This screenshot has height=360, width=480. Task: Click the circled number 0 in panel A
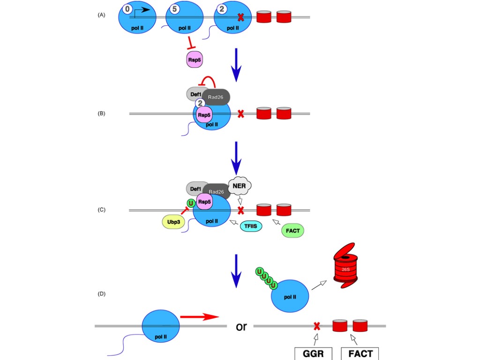coord(127,9)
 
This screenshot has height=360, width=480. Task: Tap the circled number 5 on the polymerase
coord(174,9)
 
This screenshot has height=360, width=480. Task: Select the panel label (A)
coord(101,15)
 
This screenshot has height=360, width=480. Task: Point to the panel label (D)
coord(101,294)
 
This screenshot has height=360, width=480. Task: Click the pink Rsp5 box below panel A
coord(195,60)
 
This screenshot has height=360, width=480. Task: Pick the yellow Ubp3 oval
coord(173,222)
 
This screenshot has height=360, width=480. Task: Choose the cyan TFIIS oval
coord(251,226)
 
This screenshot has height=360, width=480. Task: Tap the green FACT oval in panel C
coord(292,231)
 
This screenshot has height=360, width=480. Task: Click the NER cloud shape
coord(240,186)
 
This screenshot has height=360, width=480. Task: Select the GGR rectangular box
coord(313,353)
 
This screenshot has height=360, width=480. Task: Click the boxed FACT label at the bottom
coord(360,353)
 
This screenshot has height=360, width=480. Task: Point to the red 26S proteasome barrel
coord(345,266)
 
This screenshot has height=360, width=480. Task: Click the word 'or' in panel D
coord(241,327)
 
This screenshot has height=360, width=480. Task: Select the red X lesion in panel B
coord(240,114)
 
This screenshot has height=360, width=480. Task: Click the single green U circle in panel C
coord(191,203)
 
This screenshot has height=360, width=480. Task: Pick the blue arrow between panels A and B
coord(236,65)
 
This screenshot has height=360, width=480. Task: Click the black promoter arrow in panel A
coord(142,12)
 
